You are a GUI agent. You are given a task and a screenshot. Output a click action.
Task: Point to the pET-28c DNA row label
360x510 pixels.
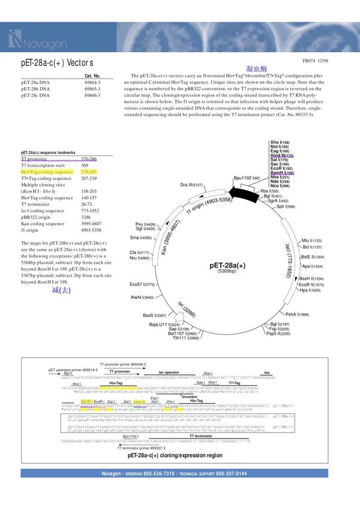35,95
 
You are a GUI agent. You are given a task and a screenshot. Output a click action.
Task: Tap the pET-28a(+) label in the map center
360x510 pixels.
227,265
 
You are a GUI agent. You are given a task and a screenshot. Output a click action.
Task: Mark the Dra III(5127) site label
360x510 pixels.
191,185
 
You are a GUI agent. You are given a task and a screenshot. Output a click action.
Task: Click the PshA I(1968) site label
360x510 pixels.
297,314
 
